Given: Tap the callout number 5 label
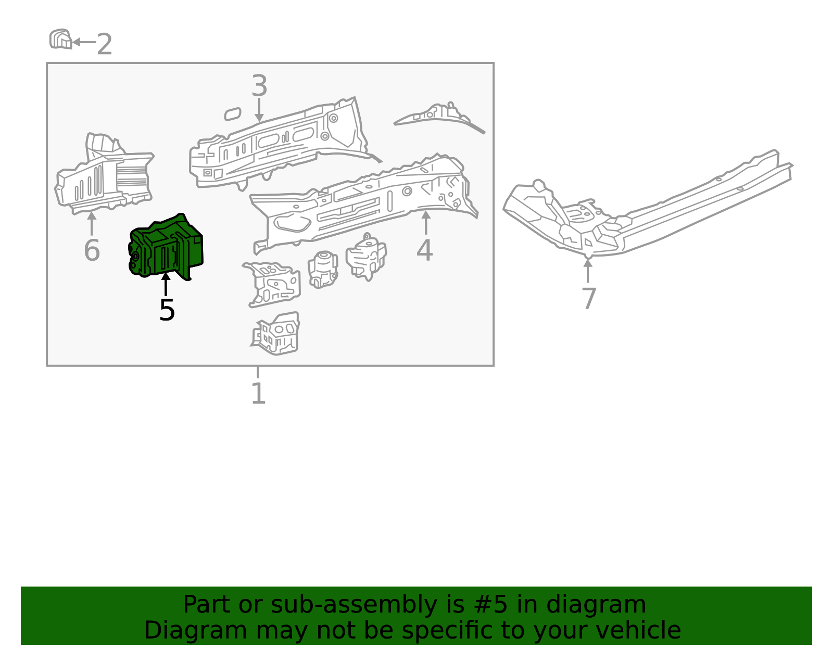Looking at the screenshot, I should (x=167, y=310).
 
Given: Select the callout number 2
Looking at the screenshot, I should (x=105, y=44).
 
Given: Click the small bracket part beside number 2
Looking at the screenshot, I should (x=60, y=40).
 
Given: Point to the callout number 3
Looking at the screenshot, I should (x=259, y=86).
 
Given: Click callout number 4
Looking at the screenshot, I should (x=424, y=250).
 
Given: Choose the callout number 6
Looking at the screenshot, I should (x=92, y=250).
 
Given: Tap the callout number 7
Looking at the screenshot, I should (x=588, y=299).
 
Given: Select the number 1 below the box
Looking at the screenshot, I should (x=258, y=393).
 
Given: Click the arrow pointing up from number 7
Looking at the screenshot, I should (x=588, y=271).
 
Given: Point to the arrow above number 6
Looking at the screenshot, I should (x=92, y=224).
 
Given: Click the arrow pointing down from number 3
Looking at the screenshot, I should (x=259, y=110).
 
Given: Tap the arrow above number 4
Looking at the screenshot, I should (x=426, y=223).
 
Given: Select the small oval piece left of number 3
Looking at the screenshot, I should (x=233, y=114).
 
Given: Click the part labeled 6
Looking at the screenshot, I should (x=104, y=177).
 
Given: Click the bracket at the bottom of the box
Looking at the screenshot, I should (x=276, y=334).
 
